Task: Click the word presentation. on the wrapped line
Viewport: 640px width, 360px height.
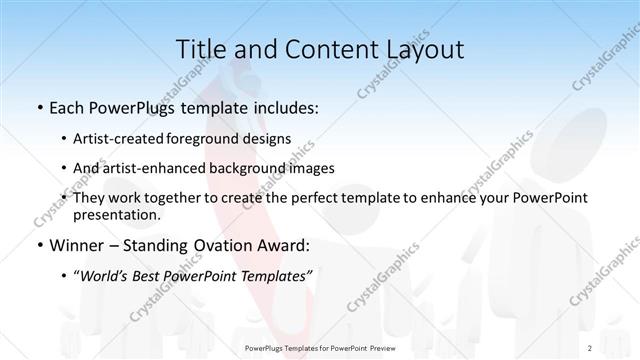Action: [116, 214]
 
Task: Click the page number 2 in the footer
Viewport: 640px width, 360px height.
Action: [590, 347]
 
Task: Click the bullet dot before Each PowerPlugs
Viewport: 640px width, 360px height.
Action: [39, 108]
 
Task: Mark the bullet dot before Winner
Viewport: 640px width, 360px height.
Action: [39, 245]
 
